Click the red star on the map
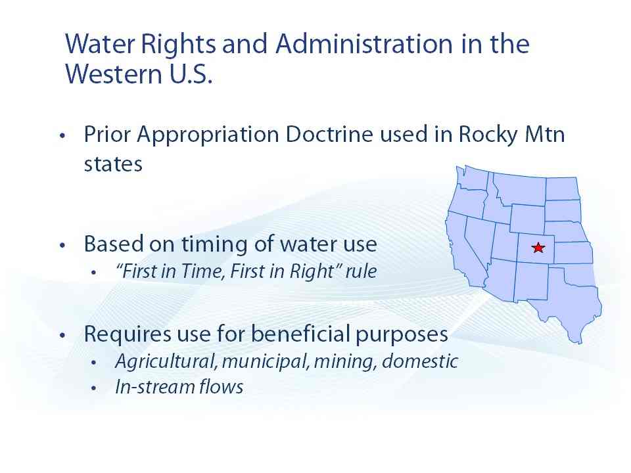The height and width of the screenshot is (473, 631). (538, 248)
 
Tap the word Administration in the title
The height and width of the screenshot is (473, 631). (363, 43)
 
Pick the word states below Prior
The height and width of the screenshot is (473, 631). (113, 164)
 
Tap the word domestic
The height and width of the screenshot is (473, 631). (420, 361)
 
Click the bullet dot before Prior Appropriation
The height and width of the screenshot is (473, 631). (62, 135)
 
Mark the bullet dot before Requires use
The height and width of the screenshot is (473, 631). (62, 335)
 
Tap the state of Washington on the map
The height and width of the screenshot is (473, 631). (473, 178)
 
